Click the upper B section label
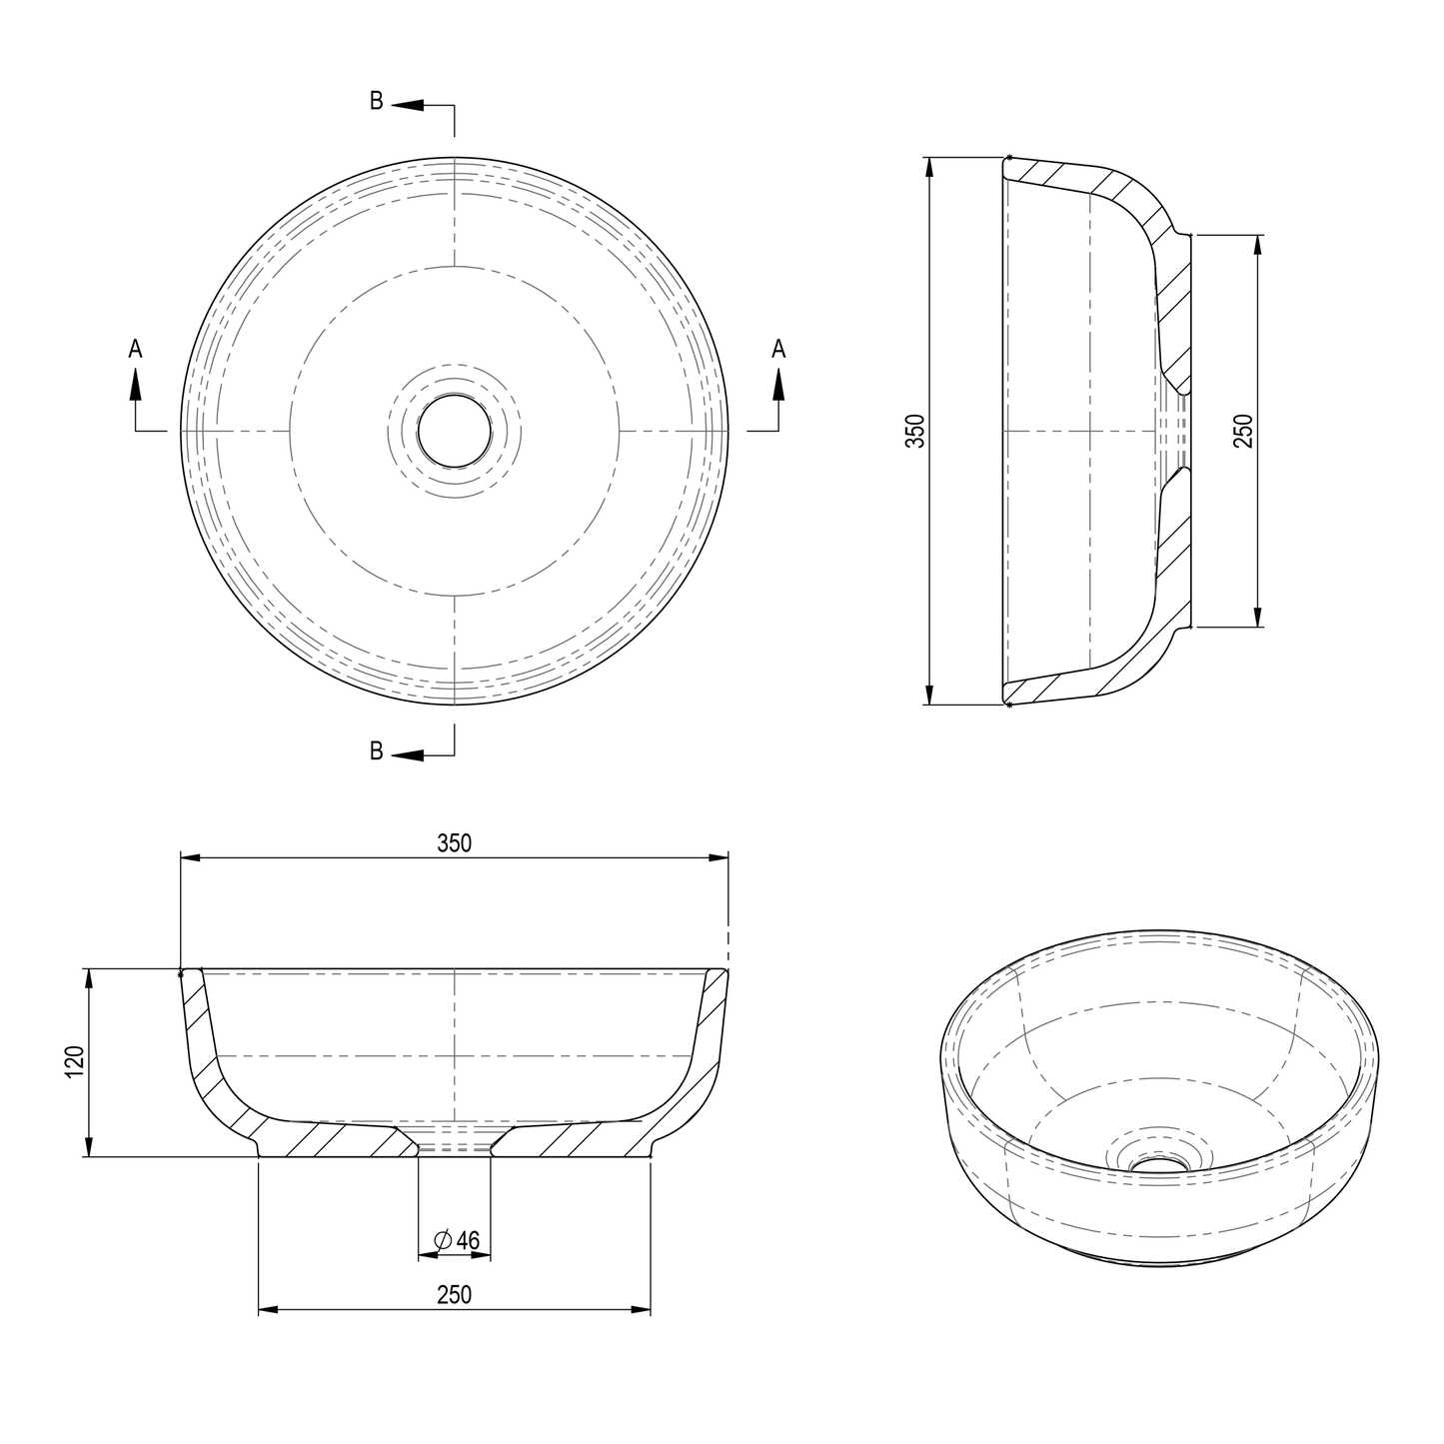[376, 101]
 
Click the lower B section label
[376, 751]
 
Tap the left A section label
[135, 349]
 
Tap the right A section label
[778, 349]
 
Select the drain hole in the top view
[455, 430]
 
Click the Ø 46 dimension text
[458, 1240]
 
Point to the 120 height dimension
[71, 1062]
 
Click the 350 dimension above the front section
[454, 842]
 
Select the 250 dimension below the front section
[454, 1294]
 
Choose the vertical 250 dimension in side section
[1242, 431]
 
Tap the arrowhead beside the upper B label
[408, 104]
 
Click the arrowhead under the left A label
[135, 384]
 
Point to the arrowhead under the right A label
[778, 384]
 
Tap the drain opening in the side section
[1181, 431]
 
